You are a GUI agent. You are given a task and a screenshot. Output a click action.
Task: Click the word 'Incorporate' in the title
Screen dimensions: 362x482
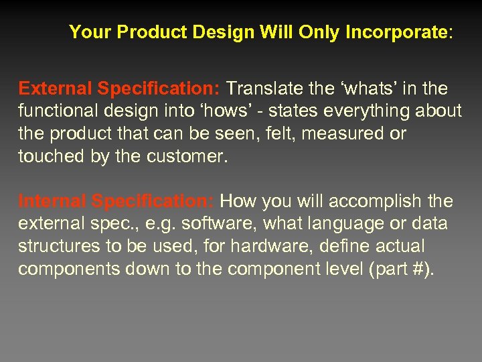point(396,32)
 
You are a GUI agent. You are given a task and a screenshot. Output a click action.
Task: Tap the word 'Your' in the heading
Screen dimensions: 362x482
point(87,32)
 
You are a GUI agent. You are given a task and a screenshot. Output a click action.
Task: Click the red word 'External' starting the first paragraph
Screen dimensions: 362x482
point(56,89)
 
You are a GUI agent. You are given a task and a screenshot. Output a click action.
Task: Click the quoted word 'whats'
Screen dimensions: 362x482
point(364,89)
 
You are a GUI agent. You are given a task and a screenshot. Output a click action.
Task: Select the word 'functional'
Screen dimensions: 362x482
point(54,111)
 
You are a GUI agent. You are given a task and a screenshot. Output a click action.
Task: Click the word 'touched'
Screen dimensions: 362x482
point(47,156)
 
